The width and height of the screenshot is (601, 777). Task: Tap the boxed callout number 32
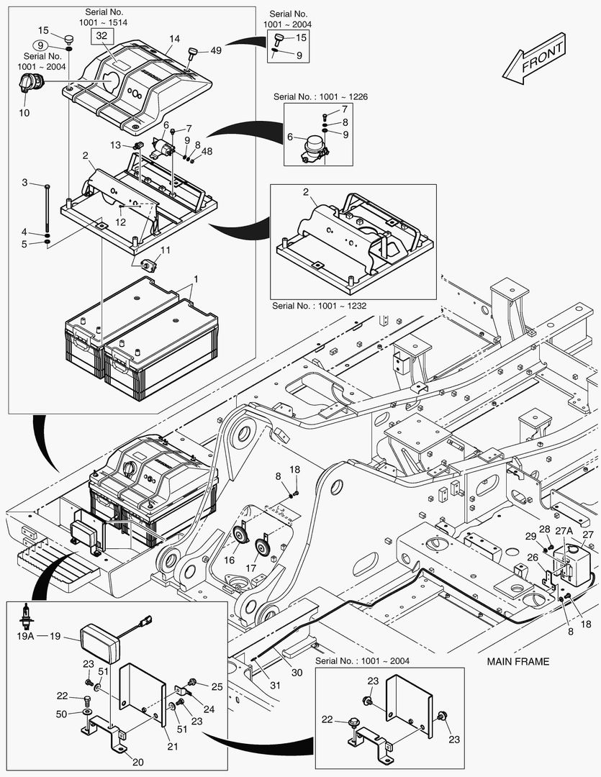pos(101,35)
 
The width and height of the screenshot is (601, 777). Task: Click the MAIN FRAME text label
pos(518,661)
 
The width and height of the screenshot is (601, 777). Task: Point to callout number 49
pos(216,50)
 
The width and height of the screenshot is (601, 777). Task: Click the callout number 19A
pos(26,636)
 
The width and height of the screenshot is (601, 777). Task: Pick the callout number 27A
pos(564,532)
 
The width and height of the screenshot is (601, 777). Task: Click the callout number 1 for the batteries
pos(196,278)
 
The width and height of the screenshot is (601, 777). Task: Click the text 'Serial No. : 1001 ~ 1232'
pos(320,306)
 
